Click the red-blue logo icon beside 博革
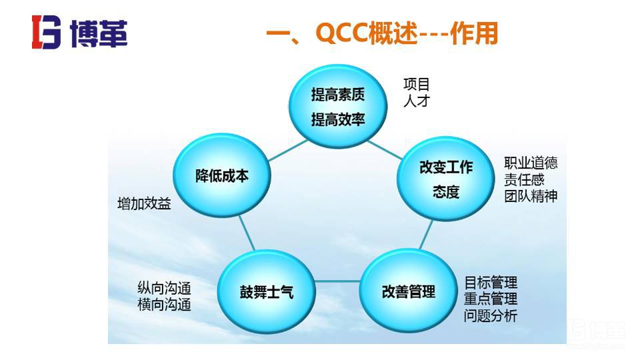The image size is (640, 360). click(x=46, y=32)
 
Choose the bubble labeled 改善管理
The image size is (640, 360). click(x=409, y=291)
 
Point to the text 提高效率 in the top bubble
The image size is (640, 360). click(x=338, y=120)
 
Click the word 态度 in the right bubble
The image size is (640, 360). click(x=446, y=192)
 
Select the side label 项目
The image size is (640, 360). click(x=417, y=85)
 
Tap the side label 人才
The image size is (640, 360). click(x=417, y=101)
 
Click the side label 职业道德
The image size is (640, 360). click(x=531, y=163)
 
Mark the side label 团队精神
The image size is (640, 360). click(x=531, y=196)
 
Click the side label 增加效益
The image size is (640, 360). click(x=144, y=204)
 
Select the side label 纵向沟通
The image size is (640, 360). click(x=164, y=289)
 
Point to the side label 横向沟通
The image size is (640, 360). click(x=164, y=305)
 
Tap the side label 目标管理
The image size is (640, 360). click(x=491, y=283)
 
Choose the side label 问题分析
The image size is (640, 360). click(x=491, y=316)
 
